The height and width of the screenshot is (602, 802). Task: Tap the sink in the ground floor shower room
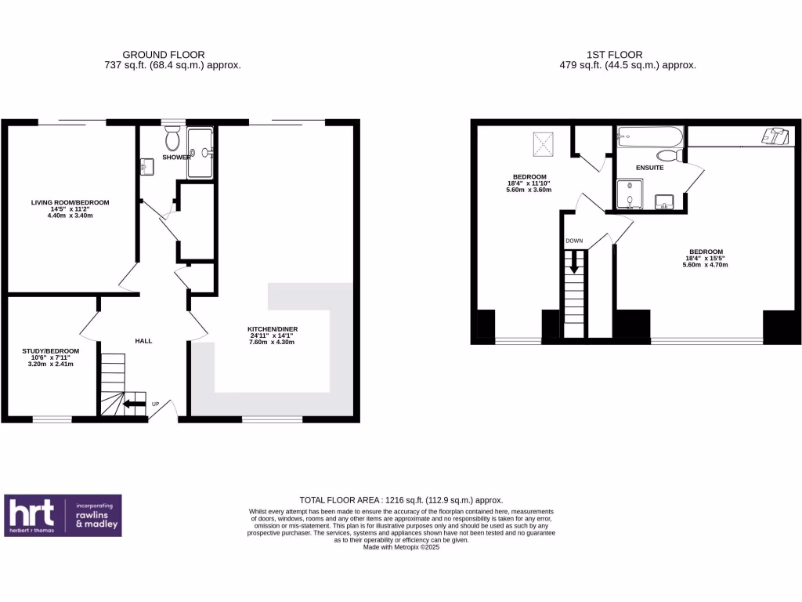[x=146, y=167]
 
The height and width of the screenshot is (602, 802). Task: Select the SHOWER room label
[x=176, y=158]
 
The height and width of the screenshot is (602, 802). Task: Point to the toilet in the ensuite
[x=670, y=155]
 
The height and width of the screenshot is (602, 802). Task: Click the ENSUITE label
[x=649, y=168]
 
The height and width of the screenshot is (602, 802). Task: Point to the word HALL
[x=143, y=341]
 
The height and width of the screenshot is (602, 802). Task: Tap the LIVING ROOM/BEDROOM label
[x=70, y=202]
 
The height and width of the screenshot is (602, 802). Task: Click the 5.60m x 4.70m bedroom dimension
[x=705, y=265]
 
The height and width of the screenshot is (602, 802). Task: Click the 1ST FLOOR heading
[x=614, y=55]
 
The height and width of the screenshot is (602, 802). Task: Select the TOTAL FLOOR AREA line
[x=401, y=500]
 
